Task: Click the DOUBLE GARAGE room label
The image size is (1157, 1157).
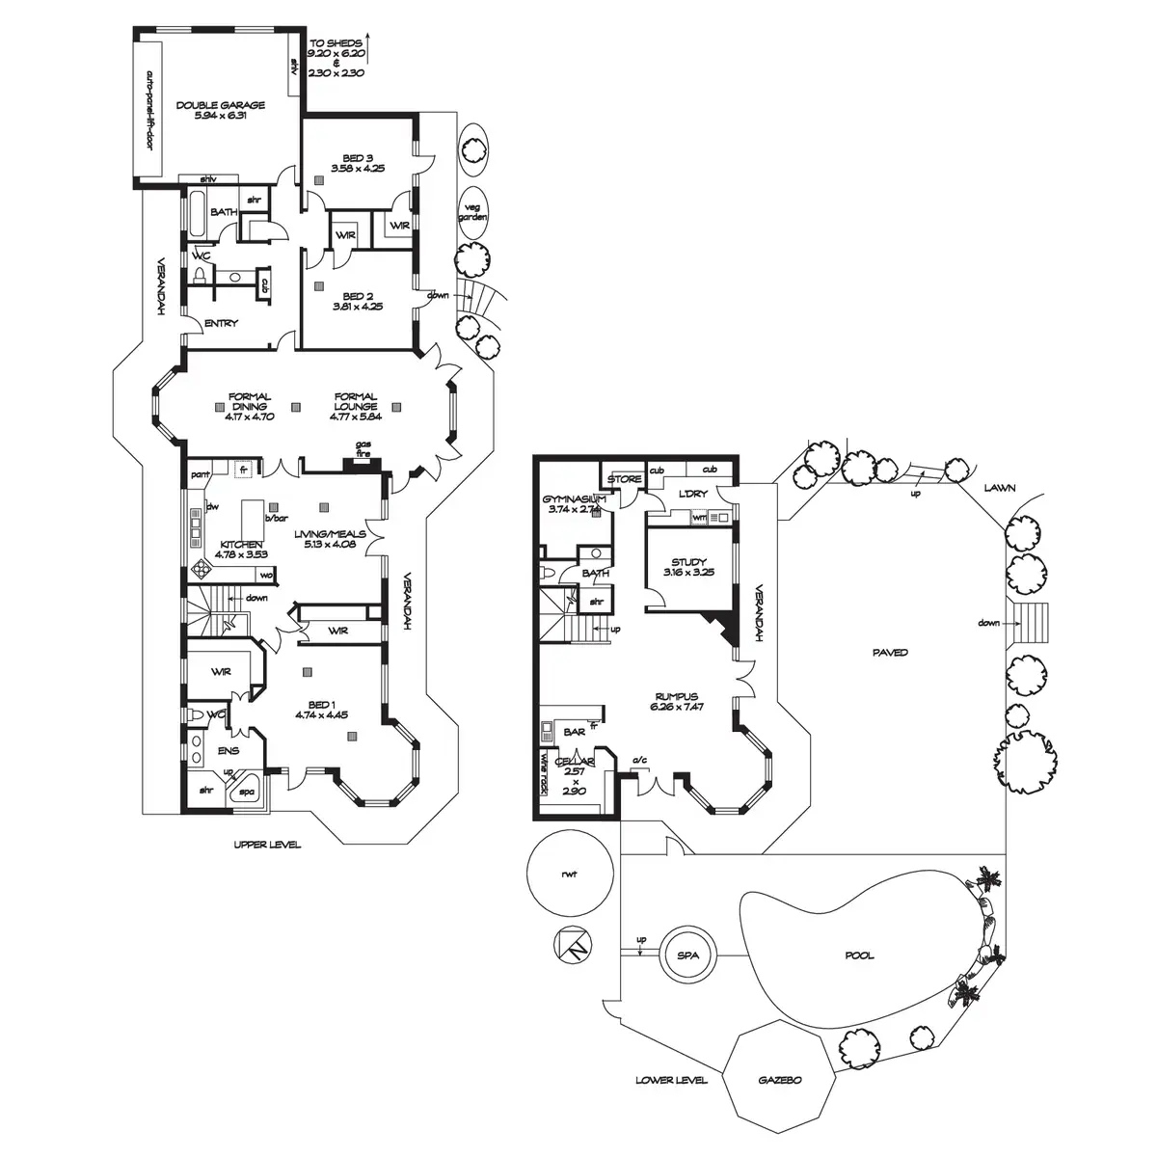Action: (220, 105)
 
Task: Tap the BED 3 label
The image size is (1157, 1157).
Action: (357, 158)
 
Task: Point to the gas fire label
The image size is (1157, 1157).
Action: (363, 448)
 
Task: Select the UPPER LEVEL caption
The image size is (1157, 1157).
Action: (267, 845)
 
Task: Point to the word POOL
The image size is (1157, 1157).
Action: (859, 955)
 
